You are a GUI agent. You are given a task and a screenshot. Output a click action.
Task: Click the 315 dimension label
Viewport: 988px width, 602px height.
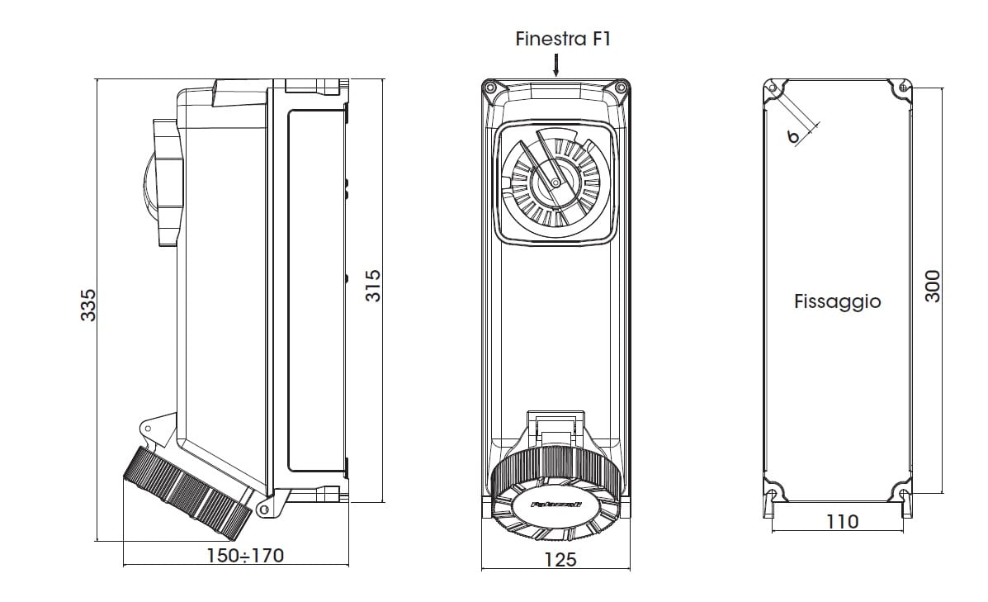pos(372,285)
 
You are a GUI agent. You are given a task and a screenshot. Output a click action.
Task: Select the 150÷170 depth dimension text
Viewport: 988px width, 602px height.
pos(244,556)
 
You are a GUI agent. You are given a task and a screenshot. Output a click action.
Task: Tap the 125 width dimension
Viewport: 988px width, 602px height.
pos(561,560)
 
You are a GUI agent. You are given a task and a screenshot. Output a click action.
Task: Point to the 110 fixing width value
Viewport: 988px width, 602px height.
pos(842,522)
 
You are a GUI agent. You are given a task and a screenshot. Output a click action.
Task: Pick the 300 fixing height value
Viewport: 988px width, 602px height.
pos(933,287)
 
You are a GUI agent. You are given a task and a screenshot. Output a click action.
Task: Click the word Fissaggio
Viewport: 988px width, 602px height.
pos(837,301)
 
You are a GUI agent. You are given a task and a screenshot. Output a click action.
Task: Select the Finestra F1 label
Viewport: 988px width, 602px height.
pos(562,39)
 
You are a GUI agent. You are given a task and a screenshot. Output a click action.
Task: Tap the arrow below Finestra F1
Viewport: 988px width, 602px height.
pos(555,64)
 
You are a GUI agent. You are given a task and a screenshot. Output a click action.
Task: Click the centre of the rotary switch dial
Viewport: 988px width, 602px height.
pos(555,181)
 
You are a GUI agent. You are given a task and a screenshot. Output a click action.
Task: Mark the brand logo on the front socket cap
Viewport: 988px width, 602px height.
pos(555,503)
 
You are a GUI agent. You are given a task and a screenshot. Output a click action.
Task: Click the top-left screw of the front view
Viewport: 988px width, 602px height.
pos(491,88)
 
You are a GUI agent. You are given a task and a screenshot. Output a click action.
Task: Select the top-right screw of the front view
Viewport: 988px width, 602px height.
pos(620,88)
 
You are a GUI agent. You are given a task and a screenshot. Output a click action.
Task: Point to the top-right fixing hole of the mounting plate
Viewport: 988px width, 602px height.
pos(905,87)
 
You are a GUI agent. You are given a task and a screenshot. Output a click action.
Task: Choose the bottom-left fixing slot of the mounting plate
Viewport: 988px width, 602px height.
pos(773,496)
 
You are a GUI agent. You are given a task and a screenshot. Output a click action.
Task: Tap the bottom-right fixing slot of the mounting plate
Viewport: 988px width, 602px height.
pos(905,496)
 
